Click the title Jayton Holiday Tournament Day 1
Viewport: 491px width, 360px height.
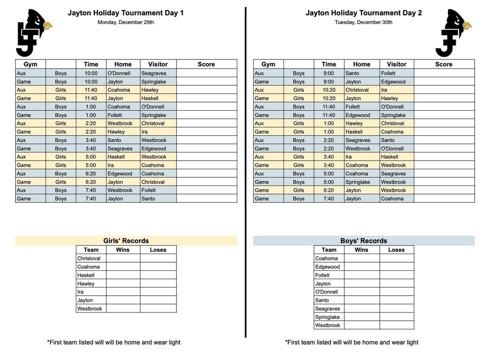point(126,13)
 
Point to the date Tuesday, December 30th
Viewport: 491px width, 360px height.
point(363,22)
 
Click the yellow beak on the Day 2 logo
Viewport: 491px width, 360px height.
point(467,25)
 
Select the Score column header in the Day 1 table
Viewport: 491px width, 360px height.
point(206,64)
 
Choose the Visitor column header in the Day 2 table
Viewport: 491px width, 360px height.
point(397,64)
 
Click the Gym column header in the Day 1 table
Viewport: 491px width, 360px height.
point(31,64)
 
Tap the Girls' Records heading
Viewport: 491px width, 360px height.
point(126,241)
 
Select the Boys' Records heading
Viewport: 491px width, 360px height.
point(363,241)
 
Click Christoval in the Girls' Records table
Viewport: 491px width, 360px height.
point(89,258)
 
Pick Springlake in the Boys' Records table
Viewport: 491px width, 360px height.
point(327,317)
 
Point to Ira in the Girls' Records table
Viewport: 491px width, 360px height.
point(81,292)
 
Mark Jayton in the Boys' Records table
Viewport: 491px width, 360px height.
point(323,284)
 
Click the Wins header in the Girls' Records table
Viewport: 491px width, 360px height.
point(123,250)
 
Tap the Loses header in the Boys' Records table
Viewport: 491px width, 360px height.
point(397,250)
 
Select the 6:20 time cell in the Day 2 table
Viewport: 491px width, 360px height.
point(329,190)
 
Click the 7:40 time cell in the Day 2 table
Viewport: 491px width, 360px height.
point(329,198)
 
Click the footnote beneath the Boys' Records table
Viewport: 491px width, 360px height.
point(351,342)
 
